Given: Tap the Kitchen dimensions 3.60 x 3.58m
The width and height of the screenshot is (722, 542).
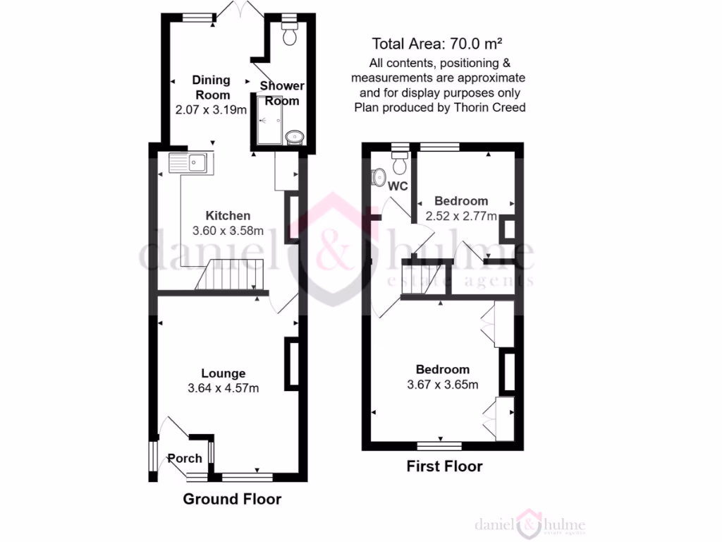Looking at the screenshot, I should pyautogui.click(x=228, y=230).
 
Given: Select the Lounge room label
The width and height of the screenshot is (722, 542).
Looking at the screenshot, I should pyautogui.click(x=223, y=373).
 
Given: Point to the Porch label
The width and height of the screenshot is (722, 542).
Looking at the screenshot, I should pyautogui.click(x=185, y=458).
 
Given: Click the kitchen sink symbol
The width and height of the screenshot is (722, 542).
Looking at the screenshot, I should pyautogui.click(x=188, y=163).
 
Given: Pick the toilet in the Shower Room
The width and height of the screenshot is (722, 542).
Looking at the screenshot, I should pyautogui.click(x=290, y=35).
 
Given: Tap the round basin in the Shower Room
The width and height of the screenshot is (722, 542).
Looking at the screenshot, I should pyautogui.click(x=294, y=135).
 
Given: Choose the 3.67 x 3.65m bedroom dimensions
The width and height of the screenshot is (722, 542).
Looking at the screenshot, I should pyautogui.click(x=442, y=385).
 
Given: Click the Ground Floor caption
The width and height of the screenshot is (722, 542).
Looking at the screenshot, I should pyautogui.click(x=232, y=500).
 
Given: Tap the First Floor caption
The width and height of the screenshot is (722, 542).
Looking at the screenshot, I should pyautogui.click(x=444, y=466).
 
